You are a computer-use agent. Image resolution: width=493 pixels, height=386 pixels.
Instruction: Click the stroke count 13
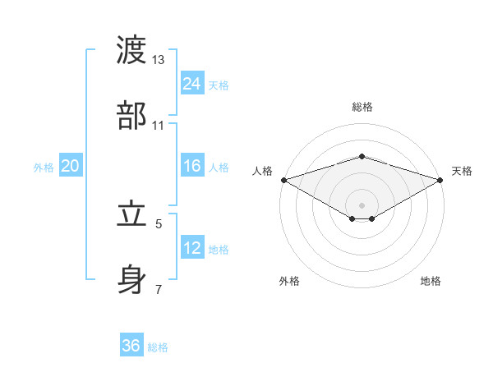(x=159, y=60)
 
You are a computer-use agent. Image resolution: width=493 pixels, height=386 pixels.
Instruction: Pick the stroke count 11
(x=159, y=126)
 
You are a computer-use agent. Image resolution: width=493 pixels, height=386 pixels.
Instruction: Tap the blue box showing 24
(x=191, y=84)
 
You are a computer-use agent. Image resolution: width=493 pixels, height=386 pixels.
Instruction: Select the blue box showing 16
(x=191, y=166)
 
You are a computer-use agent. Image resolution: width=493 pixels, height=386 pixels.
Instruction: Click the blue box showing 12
(x=191, y=248)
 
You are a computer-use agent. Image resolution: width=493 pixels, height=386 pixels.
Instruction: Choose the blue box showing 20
(x=71, y=166)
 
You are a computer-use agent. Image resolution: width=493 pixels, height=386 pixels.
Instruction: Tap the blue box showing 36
(x=131, y=346)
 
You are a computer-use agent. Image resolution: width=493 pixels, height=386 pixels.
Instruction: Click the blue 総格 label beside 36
(x=158, y=347)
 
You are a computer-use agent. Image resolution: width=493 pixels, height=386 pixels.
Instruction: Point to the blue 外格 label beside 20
(x=44, y=168)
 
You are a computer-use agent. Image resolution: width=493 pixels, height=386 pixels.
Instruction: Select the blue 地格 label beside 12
(x=219, y=250)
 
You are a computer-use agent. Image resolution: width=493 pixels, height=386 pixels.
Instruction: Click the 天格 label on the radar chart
(x=463, y=171)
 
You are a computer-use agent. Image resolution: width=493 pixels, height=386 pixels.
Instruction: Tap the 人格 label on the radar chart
(x=262, y=171)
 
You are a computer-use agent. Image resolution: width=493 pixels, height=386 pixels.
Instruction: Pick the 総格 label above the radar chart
(x=362, y=107)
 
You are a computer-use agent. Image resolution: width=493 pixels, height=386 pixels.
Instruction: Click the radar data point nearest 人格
(x=283, y=180)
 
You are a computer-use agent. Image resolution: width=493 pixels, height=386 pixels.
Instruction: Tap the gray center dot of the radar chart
(x=362, y=204)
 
